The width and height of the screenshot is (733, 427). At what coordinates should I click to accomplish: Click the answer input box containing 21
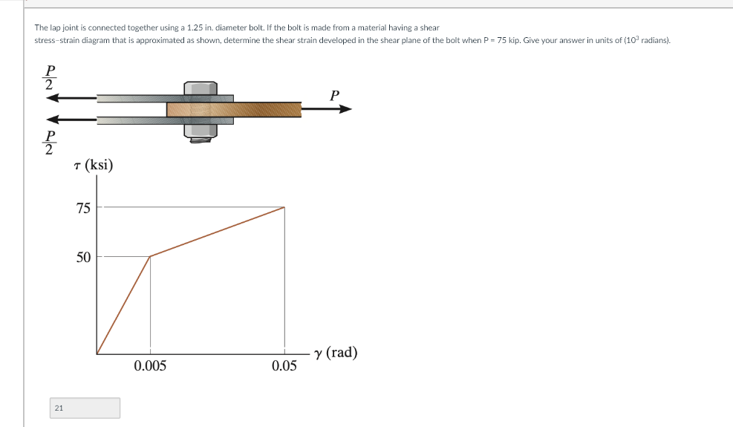(85, 408)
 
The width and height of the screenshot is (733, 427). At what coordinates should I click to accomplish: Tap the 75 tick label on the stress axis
(83, 208)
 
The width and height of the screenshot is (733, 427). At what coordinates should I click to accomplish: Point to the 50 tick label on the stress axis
(83, 258)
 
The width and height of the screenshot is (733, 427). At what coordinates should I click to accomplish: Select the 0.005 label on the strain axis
(150, 365)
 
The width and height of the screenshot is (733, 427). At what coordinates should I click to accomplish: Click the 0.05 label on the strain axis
(284, 365)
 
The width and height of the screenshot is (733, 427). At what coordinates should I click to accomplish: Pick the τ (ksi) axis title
(94, 165)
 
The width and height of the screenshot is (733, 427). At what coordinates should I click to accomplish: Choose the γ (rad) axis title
(336, 353)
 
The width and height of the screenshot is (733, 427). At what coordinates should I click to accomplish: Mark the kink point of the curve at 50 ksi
(150, 257)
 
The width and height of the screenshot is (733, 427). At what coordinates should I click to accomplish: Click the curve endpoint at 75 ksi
(284, 207)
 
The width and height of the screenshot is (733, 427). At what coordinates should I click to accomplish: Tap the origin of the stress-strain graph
(97, 353)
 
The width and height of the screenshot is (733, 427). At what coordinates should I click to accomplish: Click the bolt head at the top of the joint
(201, 88)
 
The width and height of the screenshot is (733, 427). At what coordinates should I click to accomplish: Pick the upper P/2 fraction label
(50, 77)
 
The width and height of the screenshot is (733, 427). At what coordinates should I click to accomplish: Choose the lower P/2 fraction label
(50, 143)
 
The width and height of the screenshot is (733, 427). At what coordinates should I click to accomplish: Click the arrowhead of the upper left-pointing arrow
(53, 97)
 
